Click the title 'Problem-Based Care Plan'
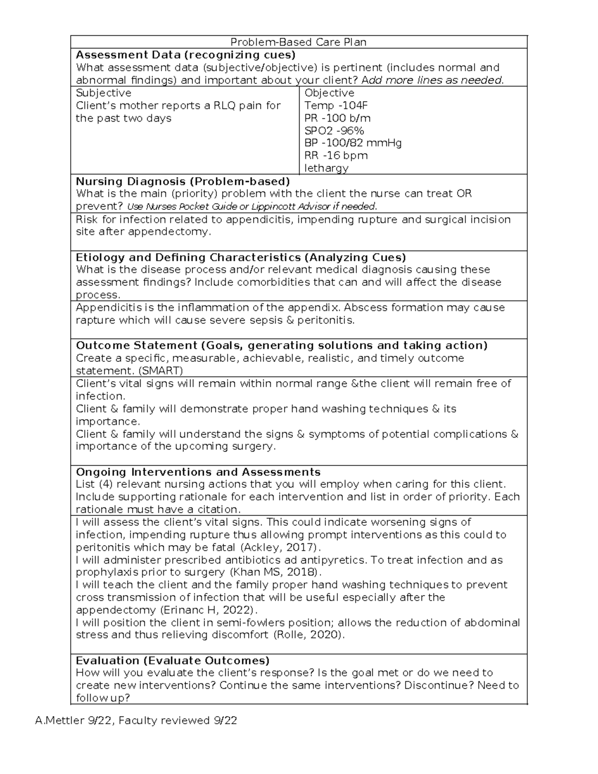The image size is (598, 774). pos(298,42)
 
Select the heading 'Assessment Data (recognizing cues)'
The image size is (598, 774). pos(185,55)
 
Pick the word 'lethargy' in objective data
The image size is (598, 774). pos(326,168)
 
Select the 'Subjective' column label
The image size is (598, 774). pos(103,93)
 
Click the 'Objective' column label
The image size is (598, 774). pos(329,93)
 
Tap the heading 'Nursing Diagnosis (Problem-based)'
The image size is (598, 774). pos(182,181)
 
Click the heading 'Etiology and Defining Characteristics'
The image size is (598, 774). pos(188,258)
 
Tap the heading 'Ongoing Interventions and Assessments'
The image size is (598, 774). pos(198,472)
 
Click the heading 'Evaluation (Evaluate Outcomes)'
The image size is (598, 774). pos(172,661)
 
